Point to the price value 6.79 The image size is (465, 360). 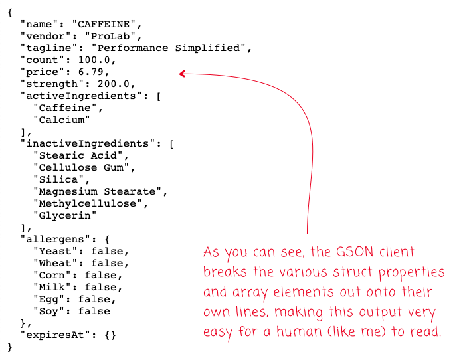tap(90, 72)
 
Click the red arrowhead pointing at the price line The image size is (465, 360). tap(183, 74)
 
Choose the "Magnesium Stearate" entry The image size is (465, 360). tap(99, 191)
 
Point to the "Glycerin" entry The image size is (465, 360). tap(64, 215)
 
